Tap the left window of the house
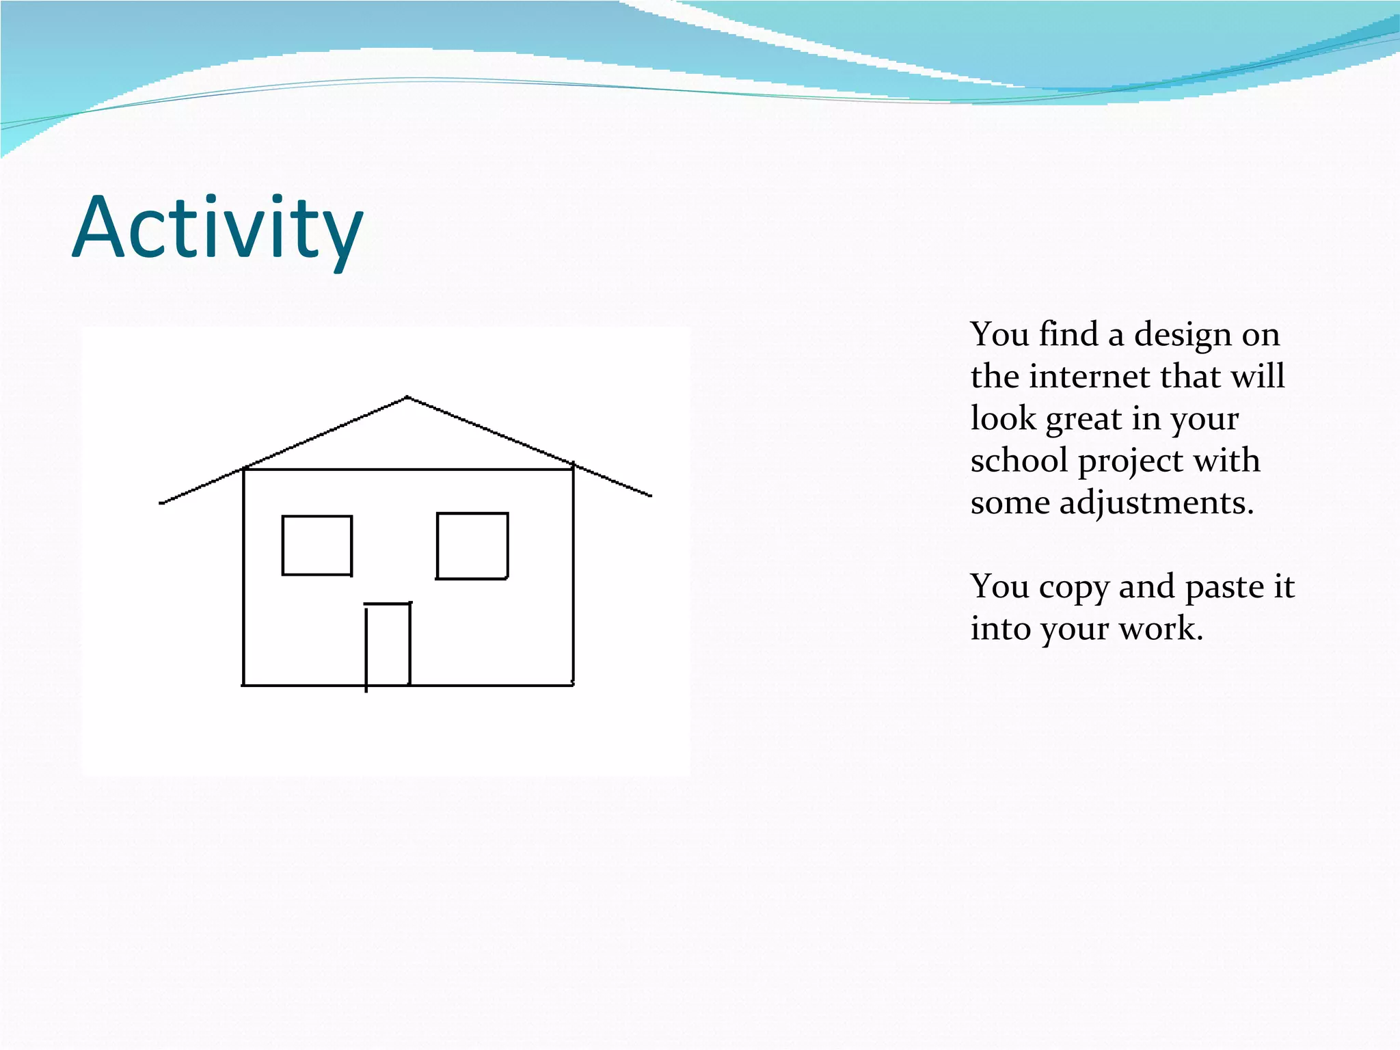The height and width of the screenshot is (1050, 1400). pyautogui.click(x=317, y=546)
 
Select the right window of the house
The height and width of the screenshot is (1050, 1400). pyautogui.click(x=472, y=546)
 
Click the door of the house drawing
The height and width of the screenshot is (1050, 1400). pyautogui.click(x=388, y=644)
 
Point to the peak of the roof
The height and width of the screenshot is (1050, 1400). pyautogui.click(x=407, y=397)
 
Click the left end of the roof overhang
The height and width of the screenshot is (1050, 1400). pyautogui.click(x=162, y=503)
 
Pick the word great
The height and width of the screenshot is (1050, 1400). pyautogui.click(x=1083, y=419)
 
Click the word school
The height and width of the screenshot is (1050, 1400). pyautogui.click(x=1019, y=460)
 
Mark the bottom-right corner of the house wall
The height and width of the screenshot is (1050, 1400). pyautogui.click(x=573, y=684)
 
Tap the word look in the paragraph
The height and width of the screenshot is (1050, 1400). pyautogui.click(x=1003, y=418)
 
